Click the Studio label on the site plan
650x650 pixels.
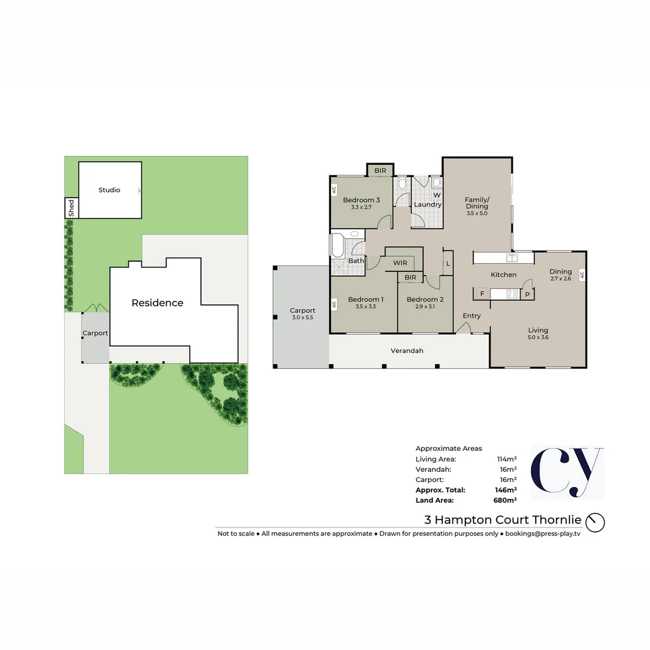110,190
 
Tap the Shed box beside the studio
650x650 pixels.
72,208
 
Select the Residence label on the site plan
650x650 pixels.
157,303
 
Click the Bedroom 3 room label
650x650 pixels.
361,200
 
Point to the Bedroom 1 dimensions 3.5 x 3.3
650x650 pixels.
365,306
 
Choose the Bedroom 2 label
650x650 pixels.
425,299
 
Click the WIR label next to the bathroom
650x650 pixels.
400,263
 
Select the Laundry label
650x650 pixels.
428,205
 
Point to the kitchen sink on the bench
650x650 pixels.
513,258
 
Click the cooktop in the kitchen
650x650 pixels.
513,294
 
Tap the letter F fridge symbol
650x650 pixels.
482,294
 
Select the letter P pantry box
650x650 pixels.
527,294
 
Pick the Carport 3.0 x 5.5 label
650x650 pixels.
302,314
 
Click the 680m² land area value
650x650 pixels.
505,500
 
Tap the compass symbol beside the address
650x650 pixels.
595,522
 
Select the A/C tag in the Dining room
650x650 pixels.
582,275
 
